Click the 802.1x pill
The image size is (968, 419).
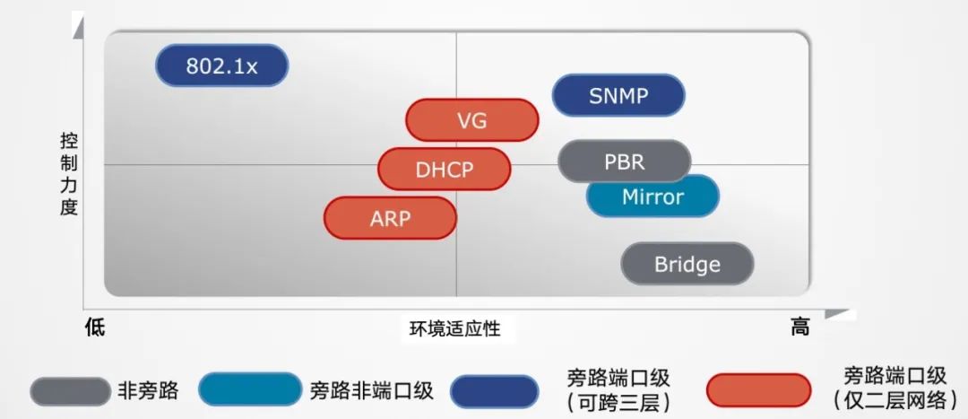pos(221,65)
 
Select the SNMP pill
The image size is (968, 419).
pos(618,96)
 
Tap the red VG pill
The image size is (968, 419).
pos(471,120)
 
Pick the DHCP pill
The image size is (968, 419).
pos(444,170)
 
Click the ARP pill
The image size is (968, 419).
pos(390,218)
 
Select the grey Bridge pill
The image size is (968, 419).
pos(687,264)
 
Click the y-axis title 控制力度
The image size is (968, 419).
pos(69,174)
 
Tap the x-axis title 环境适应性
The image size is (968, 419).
pos(455,328)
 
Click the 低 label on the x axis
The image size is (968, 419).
pos(95,327)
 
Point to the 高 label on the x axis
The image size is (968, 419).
pos(799,327)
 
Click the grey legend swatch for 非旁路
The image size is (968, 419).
pos(70,391)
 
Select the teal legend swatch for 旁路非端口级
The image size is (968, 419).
pos(250,389)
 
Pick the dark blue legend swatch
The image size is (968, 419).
pos(494,391)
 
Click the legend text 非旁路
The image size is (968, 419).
pos(148,390)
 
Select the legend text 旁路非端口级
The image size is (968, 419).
pos(372,390)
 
